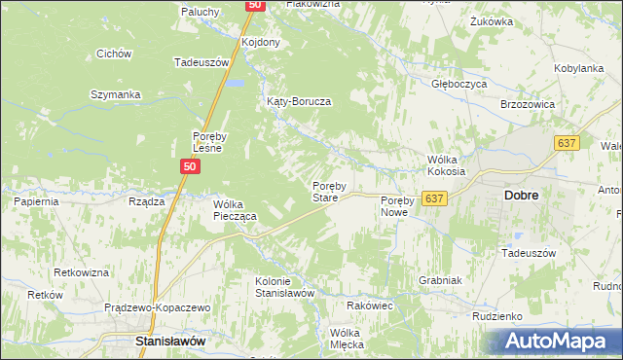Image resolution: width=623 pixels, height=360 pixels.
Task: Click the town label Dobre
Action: point(522,195)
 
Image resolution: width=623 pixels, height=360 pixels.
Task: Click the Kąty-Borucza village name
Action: point(300,101)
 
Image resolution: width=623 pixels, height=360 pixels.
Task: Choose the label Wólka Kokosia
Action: point(447,164)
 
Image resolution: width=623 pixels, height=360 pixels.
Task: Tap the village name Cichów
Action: point(114,54)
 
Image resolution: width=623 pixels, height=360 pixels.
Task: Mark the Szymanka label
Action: point(116,94)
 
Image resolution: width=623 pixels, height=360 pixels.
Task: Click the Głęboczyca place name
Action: point(459,84)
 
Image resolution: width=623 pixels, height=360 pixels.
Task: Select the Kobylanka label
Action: point(579,69)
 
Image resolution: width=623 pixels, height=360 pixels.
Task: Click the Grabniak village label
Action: point(439,279)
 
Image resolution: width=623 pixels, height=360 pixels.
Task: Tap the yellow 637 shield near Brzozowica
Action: point(568,143)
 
